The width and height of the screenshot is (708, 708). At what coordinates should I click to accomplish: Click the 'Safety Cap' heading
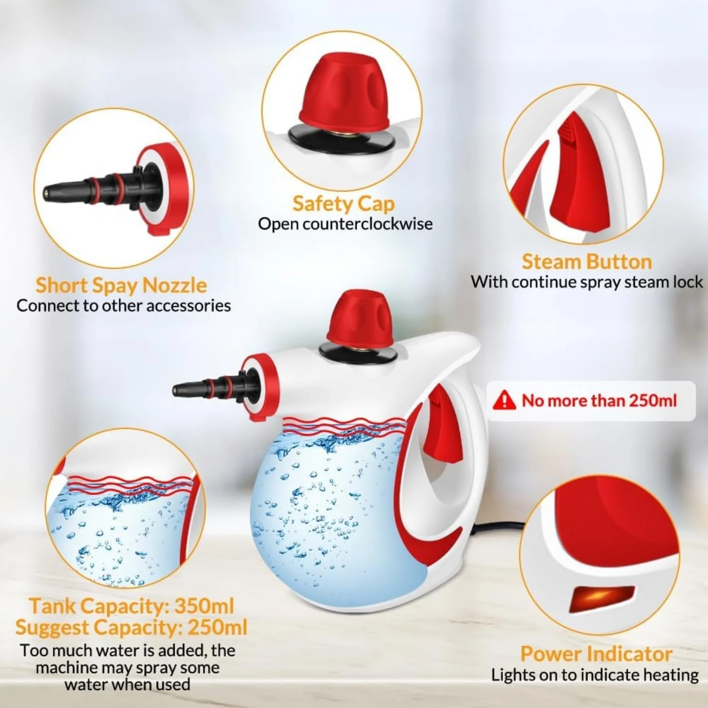pos(343,203)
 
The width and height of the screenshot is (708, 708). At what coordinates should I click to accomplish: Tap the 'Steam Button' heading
pos(587,261)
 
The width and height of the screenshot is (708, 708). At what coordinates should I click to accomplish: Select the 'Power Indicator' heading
pos(596,654)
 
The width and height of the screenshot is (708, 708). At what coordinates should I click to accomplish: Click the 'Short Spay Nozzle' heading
pos(121,286)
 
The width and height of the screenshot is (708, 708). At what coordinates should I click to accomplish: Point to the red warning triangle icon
pos(504,400)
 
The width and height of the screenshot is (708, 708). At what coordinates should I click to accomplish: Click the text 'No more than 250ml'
pos(599,401)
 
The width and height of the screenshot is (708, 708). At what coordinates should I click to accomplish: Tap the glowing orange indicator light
pos(602,598)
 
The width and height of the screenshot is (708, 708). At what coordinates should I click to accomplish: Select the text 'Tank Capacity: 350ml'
pos(132,606)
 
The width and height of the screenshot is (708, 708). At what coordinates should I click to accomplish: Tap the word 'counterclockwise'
pos(368,224)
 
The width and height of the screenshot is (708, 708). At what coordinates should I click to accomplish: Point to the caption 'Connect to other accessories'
pos(124,306)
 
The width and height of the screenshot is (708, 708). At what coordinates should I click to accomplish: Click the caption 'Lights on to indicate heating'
pos(595,675)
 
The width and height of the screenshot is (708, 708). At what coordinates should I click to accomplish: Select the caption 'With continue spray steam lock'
pos(587,282)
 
